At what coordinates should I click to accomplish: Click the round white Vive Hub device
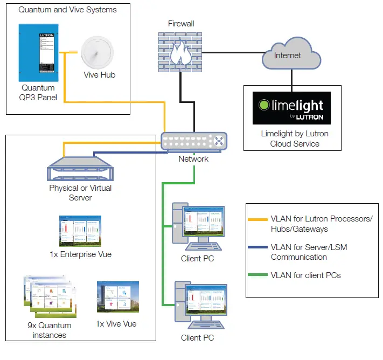pyautogui.click(x=98, y=53)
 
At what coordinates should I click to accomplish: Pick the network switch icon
pyautogui.click(x=194, y=141)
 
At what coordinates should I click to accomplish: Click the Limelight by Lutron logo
pyautogui.click(x=291, y=108)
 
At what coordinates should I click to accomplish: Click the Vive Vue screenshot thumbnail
pyautogui.click(x=117, y=298)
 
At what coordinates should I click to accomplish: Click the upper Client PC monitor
pyautogui.click(x=204, y=223)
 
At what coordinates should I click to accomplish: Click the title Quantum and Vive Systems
pyautogui.click(x=67, y=9)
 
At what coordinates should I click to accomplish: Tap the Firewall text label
pyautogui.click(x=180, y=24)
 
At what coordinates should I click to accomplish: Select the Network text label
pyautogui.click(x=193, y=159)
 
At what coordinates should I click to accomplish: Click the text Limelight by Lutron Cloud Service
pyautogui.click(x=294, y=139)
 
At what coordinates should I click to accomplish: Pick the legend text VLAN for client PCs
pyautogui.click(x=305, y=275)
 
